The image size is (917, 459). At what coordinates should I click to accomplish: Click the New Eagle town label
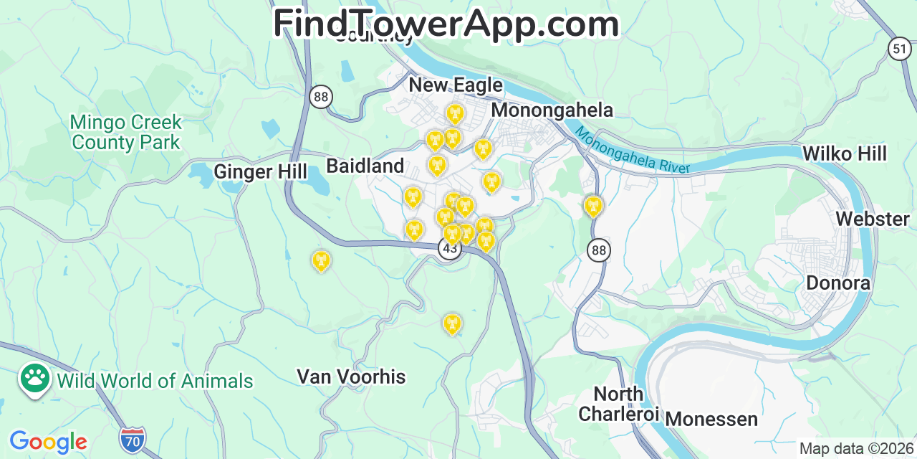click(455, 85)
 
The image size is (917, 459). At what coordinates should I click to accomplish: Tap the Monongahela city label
click(552, 110)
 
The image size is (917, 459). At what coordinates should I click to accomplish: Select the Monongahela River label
click(633, 151)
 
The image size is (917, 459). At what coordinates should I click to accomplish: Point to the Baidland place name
click(365, 166)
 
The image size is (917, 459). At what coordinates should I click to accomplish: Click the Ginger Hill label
click(260, 172)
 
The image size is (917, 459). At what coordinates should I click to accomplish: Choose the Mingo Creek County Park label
click(126, 133)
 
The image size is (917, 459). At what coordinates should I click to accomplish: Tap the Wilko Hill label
click(844, 153)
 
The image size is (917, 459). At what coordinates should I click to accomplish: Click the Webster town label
click(872, 219)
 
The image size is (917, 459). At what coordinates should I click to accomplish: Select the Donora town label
click(838, 283)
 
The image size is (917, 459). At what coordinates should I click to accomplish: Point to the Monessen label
click(711, 419)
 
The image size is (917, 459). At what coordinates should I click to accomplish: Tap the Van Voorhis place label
click(351, 377)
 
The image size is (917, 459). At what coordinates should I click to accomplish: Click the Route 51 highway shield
click(899, 49)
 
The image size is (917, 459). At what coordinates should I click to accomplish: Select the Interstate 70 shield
click(133, 438)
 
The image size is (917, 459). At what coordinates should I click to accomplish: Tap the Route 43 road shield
click(449, 249)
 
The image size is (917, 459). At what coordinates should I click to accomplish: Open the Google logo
click(48, 442)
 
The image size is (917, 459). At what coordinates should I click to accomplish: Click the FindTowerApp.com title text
click(446, 24)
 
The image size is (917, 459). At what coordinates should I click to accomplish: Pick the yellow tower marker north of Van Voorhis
click(451, 323)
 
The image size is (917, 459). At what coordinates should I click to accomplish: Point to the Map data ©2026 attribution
click(856, 449)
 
